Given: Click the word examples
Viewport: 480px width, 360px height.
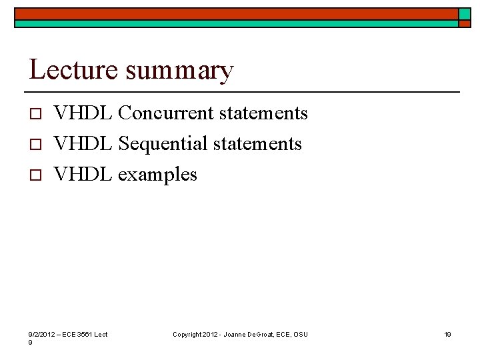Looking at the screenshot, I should tap(157, 175).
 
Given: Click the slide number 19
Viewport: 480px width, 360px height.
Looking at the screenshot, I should tap(448, 334).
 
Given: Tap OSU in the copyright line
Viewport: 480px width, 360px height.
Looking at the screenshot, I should tap(300, 334).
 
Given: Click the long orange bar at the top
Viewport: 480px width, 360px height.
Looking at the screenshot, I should tap(237, 13).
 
